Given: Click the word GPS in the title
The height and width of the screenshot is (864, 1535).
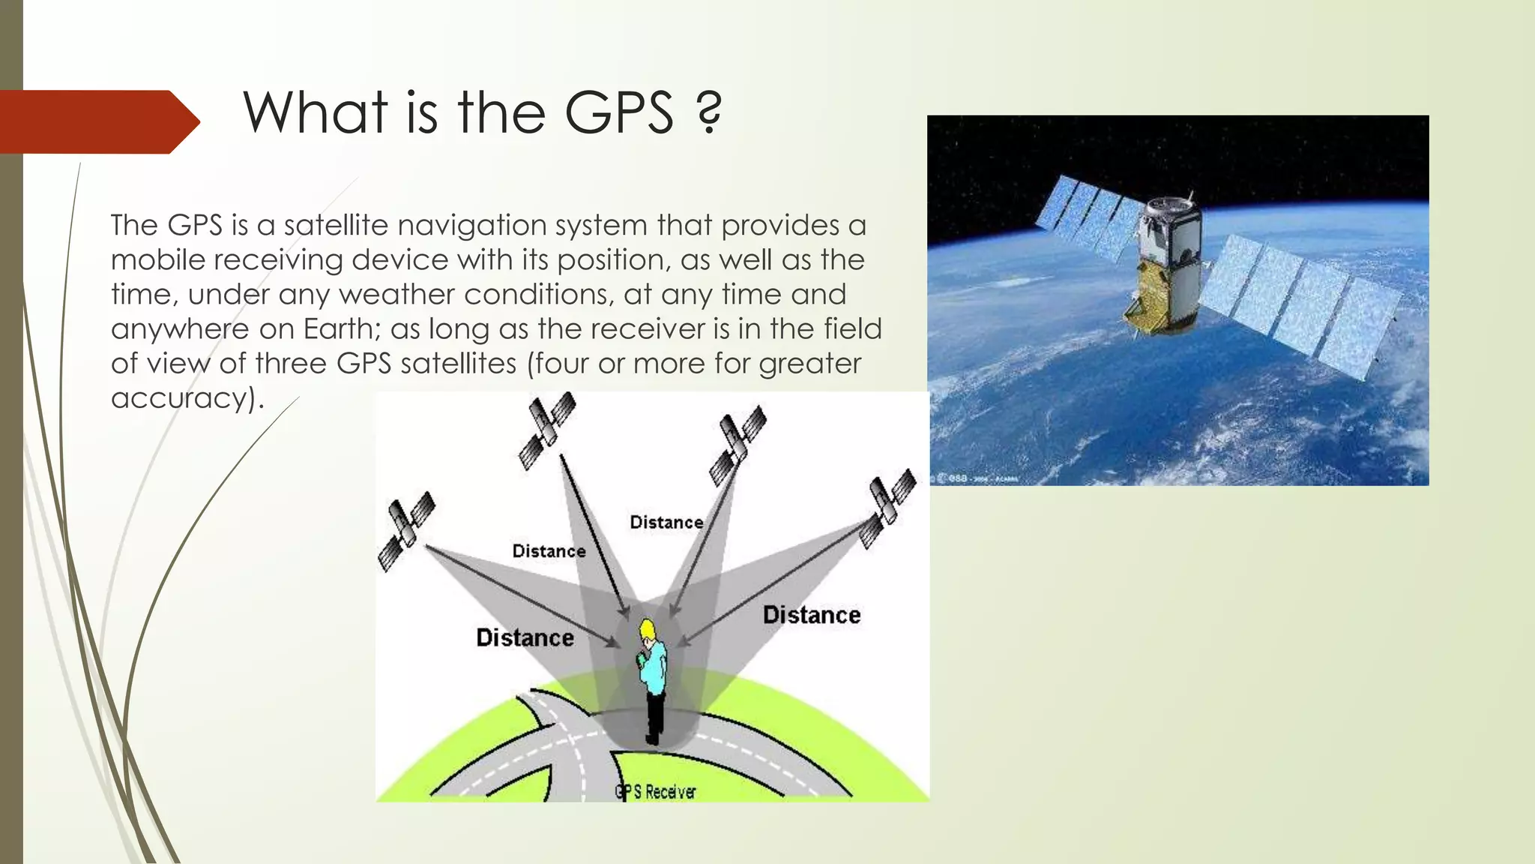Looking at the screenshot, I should (619, 113).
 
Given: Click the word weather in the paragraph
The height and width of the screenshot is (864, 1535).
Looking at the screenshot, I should (396, 294).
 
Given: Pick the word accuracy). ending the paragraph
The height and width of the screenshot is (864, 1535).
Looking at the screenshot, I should (187, 397).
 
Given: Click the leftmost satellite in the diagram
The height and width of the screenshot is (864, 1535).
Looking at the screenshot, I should (406, 530).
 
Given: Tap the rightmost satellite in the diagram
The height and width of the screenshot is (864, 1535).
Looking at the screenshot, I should (888, 508).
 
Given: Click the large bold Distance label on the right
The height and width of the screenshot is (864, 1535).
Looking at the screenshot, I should (812, 615).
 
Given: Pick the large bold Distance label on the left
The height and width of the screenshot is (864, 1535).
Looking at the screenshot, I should (525, 637).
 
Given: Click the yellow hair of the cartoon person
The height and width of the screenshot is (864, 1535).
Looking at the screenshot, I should (646, 628).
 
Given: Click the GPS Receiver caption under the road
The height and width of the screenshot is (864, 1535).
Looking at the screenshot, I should (656, 792).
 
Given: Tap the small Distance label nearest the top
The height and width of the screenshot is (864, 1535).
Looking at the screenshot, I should (666, 522).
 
